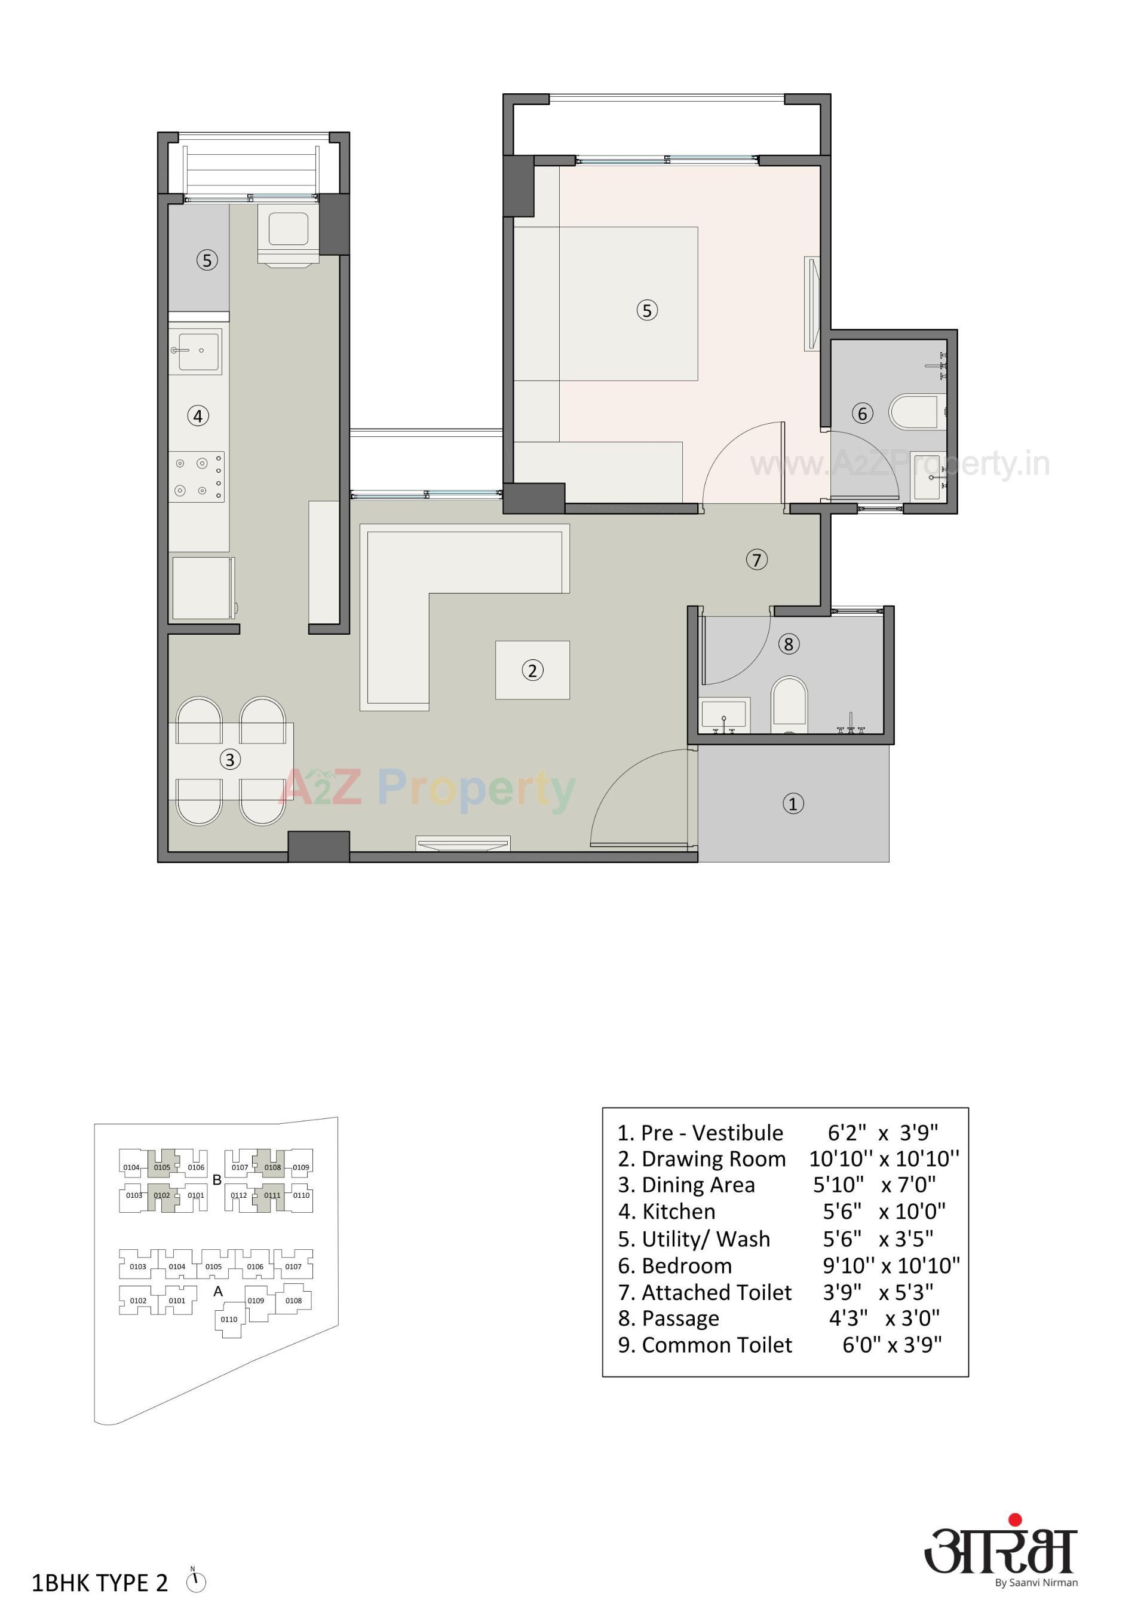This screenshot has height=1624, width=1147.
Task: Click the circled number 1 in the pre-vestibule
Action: click(x=793, y=803)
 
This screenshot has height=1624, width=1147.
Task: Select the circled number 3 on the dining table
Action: click(x=229, y=760)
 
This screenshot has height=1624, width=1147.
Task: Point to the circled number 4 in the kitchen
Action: click(x=198, y=416)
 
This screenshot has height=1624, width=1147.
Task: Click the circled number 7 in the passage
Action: click(x=757, y=559)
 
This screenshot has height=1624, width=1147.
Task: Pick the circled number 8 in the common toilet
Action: click(x=789, y=644)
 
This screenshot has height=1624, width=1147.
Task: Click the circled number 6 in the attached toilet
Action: click(x=862, y=413)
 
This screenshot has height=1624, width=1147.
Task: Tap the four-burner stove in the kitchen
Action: click(x=197, y=477)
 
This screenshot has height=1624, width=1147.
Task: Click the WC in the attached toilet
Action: click(x=915, y=412)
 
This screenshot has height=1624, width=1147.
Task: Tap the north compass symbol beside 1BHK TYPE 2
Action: click(x=196, y=1582)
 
